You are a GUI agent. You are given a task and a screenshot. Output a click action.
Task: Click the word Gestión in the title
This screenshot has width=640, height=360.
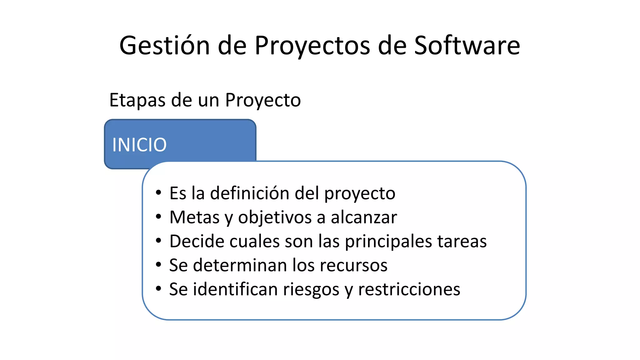(164, 46)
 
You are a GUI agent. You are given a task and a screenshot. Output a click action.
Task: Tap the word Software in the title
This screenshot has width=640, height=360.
(467, 46)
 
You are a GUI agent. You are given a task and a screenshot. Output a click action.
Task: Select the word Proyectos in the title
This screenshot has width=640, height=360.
(312, 46)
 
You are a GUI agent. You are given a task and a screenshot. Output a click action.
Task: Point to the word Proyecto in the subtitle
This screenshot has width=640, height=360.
(263, 100)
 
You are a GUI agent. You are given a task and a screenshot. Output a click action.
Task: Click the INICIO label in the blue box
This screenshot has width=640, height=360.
(139, 145)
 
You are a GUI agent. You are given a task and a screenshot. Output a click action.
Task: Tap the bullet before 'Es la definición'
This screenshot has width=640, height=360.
(158, 193)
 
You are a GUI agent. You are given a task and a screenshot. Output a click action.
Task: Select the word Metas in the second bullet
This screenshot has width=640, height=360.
(194, 217)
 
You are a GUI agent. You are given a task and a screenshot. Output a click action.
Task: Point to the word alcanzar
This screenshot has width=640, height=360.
(364, 217)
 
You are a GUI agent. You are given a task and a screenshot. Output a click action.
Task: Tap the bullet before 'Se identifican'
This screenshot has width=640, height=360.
(158, 289)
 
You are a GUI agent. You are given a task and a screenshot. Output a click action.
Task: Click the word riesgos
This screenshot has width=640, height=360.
(311, 289)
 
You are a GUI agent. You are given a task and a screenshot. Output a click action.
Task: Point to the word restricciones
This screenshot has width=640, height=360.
(409, 289)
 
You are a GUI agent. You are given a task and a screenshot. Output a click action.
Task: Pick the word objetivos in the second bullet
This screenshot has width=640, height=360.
(275, 217)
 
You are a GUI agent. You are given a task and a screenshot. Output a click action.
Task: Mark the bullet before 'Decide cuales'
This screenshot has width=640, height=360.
(158, 241)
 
